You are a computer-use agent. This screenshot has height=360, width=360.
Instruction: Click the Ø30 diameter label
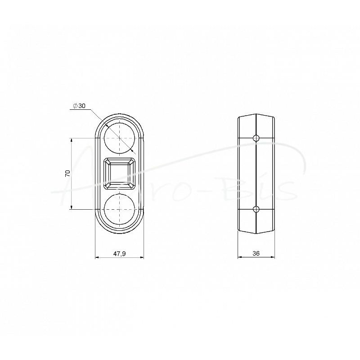79,106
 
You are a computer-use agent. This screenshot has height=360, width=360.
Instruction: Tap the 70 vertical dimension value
67,173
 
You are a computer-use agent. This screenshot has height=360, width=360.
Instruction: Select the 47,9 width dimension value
119,253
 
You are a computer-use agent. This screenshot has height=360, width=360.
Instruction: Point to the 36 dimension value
256,253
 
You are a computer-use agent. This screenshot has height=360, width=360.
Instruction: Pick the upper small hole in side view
256,138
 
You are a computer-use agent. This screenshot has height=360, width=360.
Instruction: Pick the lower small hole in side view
256,209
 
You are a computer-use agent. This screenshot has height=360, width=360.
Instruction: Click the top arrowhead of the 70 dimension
72,140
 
